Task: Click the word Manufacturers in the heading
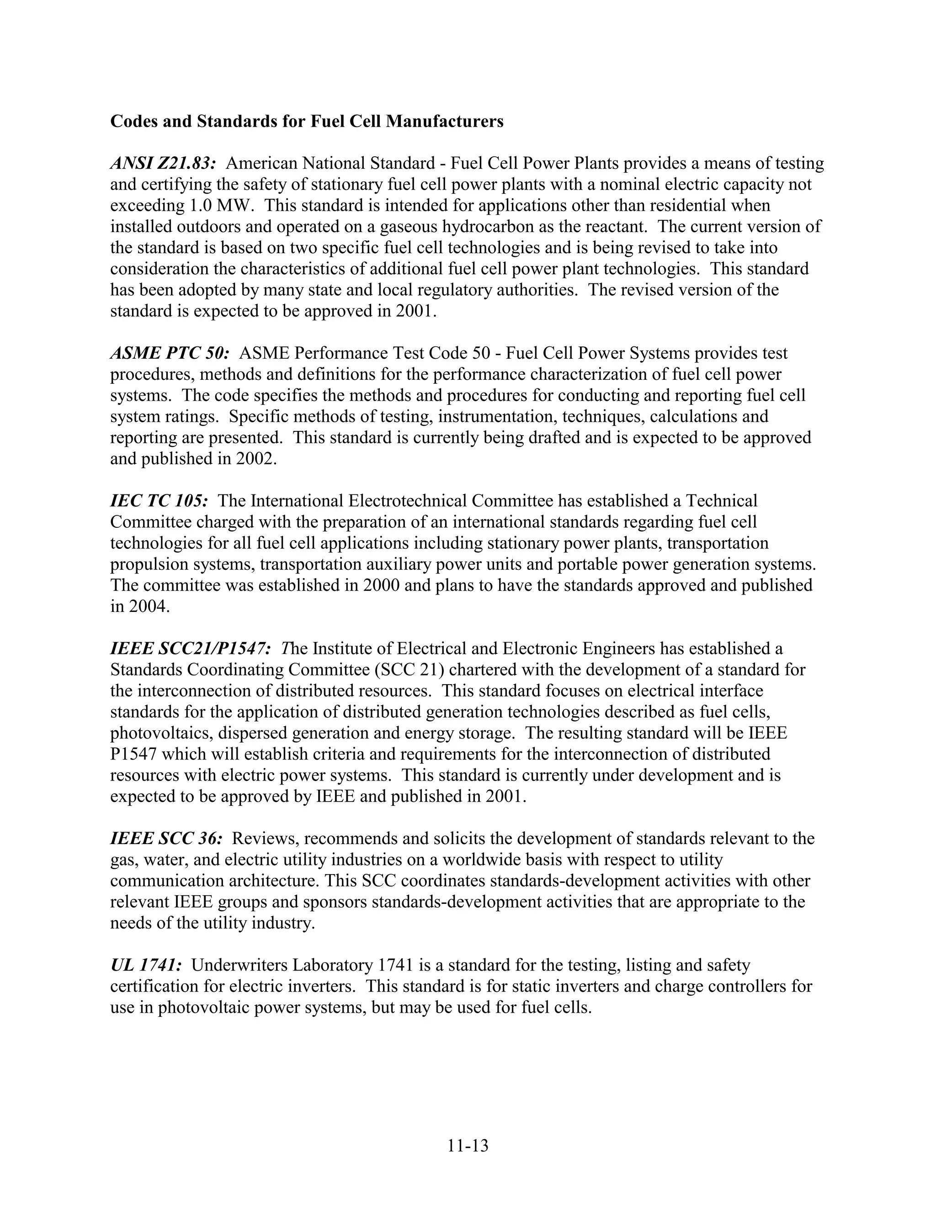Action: pos(444,121)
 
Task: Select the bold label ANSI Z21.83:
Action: pos(162,163)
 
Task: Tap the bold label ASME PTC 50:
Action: pos(169,353)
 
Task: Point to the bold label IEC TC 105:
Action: pos(159,501)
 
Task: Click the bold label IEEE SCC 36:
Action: pos(166,839)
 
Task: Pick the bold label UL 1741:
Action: pos(146,965)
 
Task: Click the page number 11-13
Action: pos(468,1145)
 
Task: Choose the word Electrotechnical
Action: pos(408,501)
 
